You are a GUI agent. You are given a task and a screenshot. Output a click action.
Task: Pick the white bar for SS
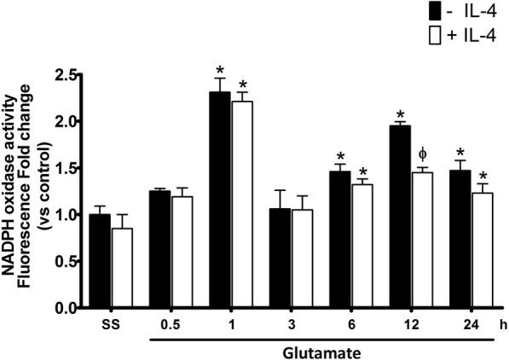[x=124, y=268]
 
